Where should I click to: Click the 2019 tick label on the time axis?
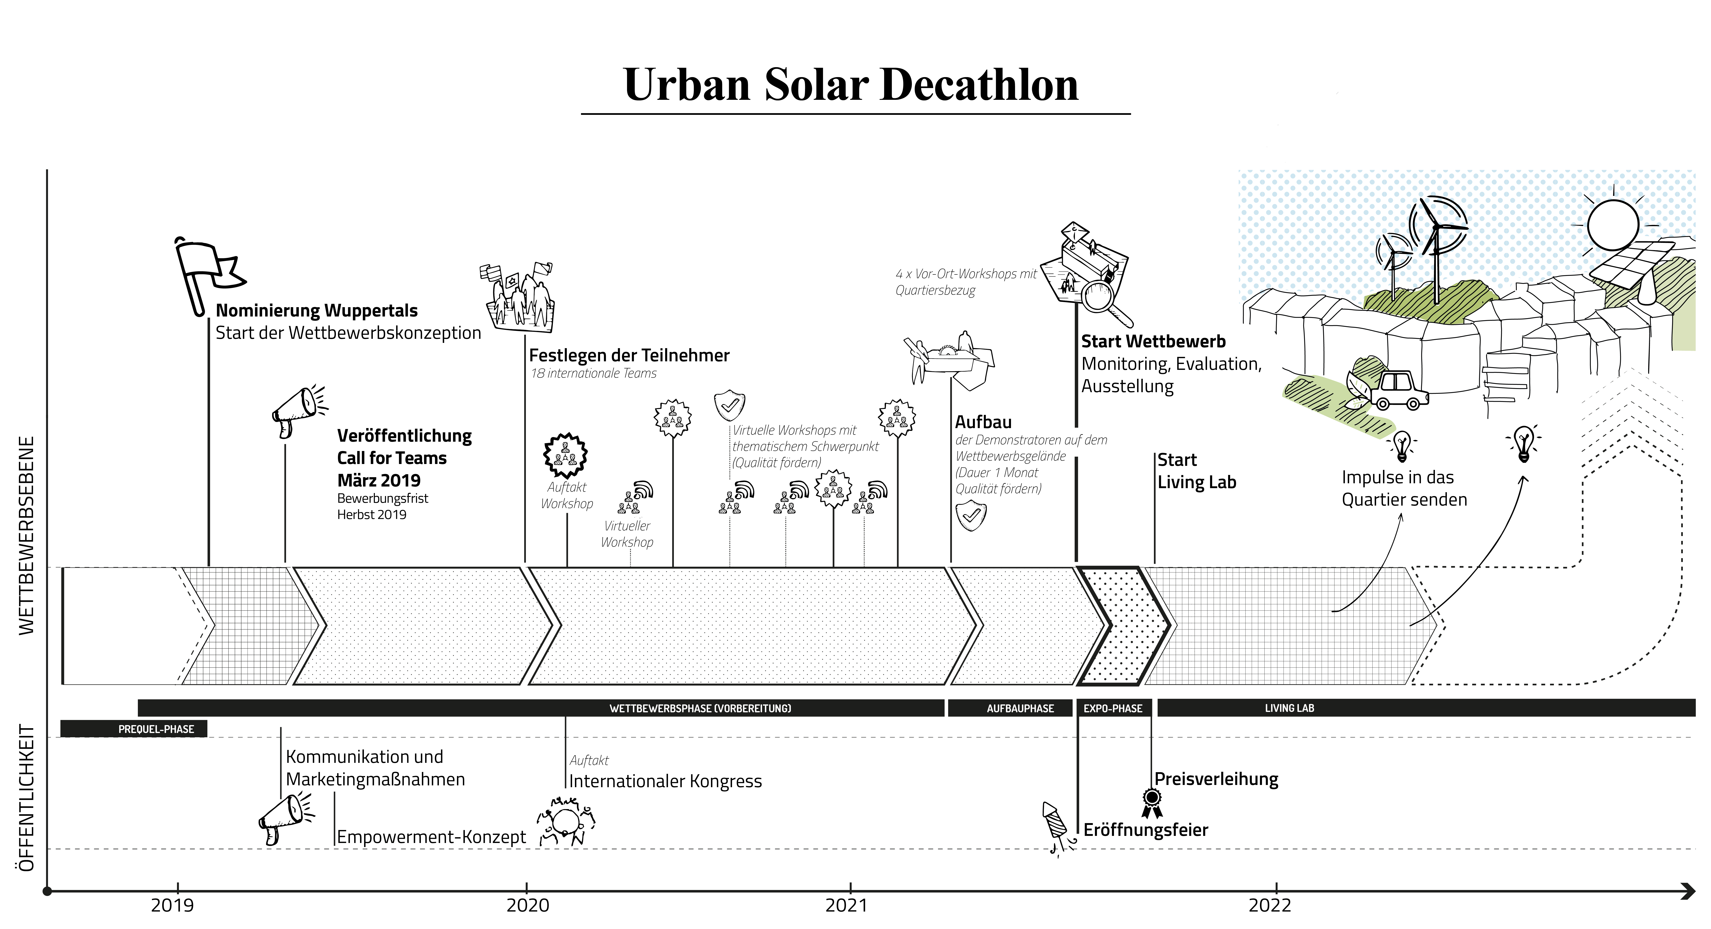pos(173,905)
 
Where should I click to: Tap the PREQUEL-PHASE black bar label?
pos(156,729)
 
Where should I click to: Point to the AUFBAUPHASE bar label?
pos(1020,708)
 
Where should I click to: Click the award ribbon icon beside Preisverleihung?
pos(1152,803)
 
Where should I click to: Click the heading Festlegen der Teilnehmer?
pos(629,355)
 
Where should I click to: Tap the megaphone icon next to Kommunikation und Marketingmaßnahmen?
pos(284,819)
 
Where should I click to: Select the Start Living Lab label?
pos(1196,471)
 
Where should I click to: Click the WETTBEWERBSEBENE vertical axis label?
pos(26,536)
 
